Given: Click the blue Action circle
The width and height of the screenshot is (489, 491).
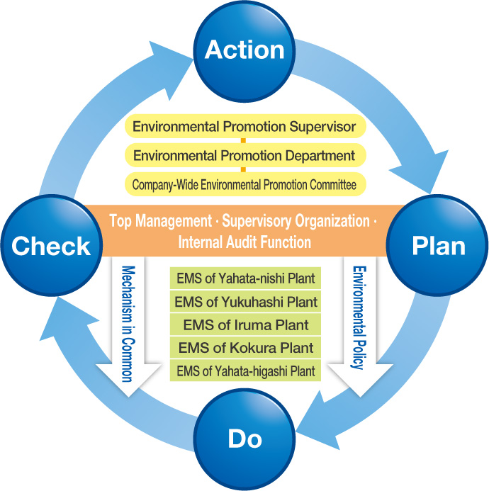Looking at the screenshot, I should click(x=244, y=50).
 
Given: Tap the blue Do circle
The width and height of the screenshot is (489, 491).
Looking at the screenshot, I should click(x=244, y=439).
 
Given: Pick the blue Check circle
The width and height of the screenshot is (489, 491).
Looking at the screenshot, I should click(x=50, y=246).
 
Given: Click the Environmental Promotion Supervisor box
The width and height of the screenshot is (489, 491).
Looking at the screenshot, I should click(x=244, y=128).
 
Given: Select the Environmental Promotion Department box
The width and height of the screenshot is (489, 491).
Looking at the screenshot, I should click(x=244, y=155).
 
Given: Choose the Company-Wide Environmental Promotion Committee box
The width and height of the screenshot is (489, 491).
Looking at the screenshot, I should click(x=244, y=184).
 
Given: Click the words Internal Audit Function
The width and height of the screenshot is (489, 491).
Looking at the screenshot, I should click(x=244, y=242).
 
